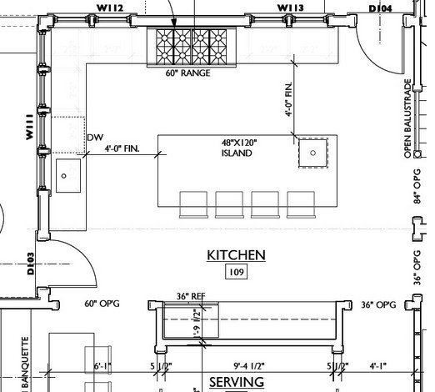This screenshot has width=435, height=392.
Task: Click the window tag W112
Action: click(x=110, y=8)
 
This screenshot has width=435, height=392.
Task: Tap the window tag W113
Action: click(x=291, y=8)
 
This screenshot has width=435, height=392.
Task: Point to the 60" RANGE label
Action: click(x=187, y=73)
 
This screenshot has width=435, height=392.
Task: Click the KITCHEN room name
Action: click(x=236, y=255)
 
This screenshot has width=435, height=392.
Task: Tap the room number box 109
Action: click(x=236, y=272)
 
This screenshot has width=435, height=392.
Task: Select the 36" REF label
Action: click(x=191, y=296)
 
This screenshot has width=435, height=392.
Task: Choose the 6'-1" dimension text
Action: click(x=102, y=365)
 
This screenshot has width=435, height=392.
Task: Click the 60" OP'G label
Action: click(x=102, y=304)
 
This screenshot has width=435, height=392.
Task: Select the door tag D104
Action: click(x=380, y=8)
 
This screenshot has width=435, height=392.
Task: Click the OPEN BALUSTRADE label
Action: click(x=408, y=118)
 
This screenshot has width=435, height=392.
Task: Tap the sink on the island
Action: click(x=312, y=153)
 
